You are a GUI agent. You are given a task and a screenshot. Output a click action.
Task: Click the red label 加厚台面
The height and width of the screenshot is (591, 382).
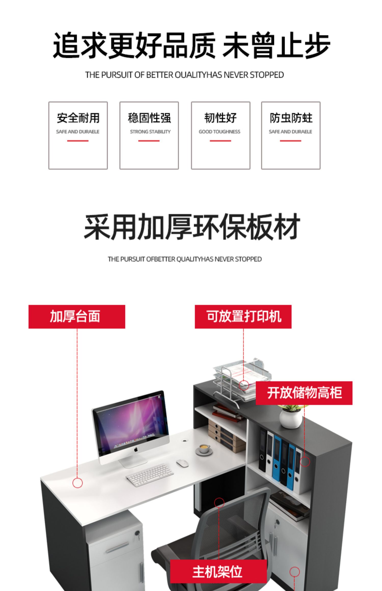(77, 316)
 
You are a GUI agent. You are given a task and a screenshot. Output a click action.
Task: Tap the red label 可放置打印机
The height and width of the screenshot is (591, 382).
(243, 316)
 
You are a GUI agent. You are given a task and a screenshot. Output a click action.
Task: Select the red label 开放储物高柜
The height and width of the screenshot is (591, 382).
(304, 393)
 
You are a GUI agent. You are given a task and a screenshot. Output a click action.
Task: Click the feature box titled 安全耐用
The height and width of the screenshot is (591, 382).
(78, 135)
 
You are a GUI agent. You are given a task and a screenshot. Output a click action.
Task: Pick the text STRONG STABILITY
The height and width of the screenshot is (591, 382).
(150, 132)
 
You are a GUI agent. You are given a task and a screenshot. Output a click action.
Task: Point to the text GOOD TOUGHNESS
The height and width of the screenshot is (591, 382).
(220, 132)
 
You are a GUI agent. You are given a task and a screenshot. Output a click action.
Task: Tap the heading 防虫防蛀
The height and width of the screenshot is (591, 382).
(291, 118)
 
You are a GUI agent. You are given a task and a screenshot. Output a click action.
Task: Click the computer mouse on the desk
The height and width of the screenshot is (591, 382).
(182, 463)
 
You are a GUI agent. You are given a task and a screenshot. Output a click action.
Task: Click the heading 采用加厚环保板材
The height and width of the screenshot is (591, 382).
(192, 227)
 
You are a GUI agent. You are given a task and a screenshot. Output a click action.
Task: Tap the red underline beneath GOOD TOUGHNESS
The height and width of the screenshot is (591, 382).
(220, 140)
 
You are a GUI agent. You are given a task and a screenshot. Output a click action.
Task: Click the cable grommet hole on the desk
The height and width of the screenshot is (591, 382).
(184, 440)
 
